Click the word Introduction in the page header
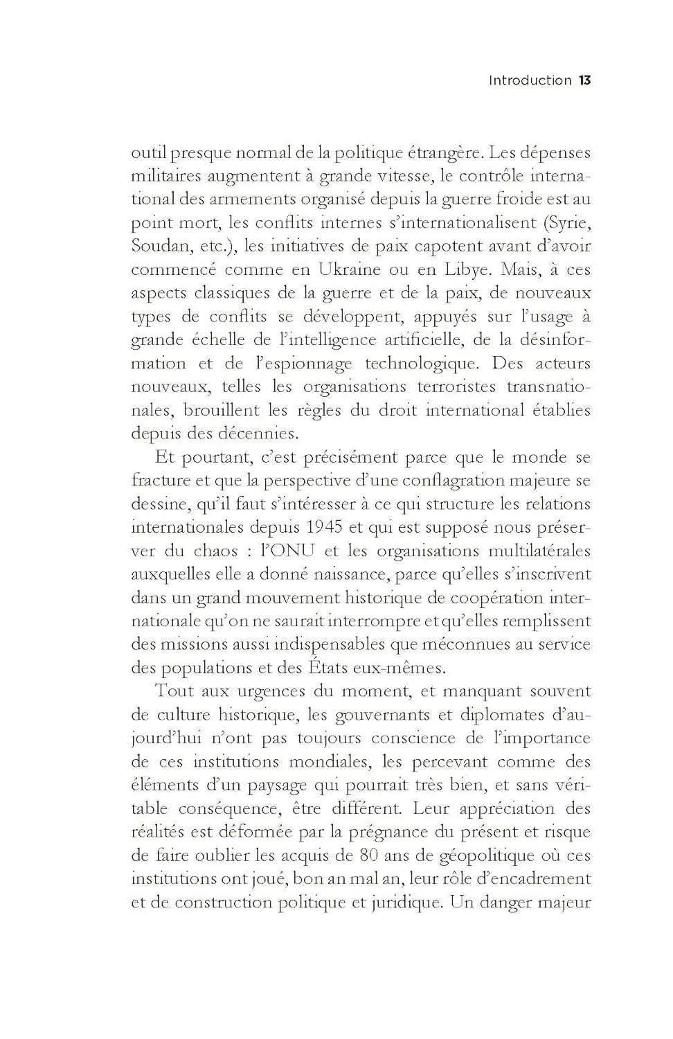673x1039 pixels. click(x=530, y=80)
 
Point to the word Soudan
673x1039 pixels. click(x=156, y=246)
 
